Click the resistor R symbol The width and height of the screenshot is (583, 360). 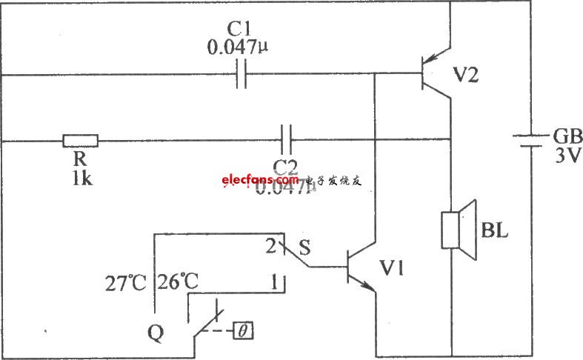(80, 139)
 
